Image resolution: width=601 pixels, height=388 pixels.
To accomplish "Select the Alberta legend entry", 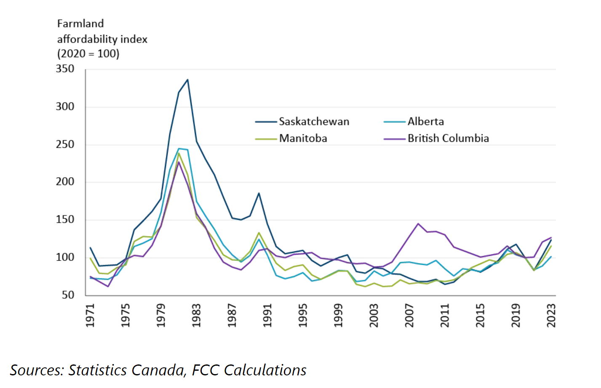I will pos(425,122).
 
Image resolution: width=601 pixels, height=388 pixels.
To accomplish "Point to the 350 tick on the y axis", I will pos(65,69).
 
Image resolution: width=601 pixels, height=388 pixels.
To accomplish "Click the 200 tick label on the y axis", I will pos(65,182).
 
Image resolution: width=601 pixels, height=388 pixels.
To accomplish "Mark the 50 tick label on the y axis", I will pos(68,295).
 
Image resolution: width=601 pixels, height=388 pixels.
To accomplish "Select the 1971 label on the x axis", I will pos(90,315).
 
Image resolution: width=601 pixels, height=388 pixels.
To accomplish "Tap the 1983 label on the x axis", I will pos(196,315).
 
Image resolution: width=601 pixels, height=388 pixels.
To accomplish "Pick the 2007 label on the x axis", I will pos(409,315).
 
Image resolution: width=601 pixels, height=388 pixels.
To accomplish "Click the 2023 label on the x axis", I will pos(551,315).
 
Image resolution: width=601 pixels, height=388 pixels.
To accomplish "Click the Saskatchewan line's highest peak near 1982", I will pos(187,80).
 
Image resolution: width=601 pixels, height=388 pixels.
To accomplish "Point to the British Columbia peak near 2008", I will pos(418,223).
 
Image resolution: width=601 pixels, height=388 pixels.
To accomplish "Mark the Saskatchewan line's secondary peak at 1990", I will pos(259,193).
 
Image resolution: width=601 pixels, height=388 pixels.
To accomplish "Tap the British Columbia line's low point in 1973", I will pos(108,287).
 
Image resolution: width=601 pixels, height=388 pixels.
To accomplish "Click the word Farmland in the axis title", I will pos(80,24).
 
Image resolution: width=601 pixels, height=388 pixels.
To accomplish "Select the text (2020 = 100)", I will pos(88,54).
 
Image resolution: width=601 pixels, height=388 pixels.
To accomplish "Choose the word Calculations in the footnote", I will pos(265,370).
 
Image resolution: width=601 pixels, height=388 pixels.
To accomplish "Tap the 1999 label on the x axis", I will pos(338,315).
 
